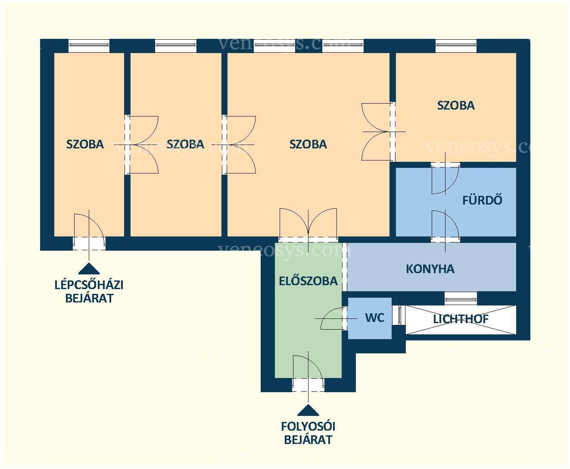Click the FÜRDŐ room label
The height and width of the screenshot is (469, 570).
482,200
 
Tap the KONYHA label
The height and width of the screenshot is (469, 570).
430,269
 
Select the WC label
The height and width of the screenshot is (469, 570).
374,318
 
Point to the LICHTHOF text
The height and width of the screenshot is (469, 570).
461,319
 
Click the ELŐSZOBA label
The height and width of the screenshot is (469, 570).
308,281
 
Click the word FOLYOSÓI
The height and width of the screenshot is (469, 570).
308,427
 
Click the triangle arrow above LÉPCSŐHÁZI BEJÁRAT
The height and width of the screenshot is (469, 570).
89,268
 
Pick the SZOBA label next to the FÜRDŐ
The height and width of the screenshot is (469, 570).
456,106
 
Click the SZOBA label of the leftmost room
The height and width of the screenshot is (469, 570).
85,144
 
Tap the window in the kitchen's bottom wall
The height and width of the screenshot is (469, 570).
461,298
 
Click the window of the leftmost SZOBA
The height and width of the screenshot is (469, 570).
89,46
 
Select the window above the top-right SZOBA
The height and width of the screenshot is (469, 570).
456,46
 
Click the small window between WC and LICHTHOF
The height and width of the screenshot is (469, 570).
399,315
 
